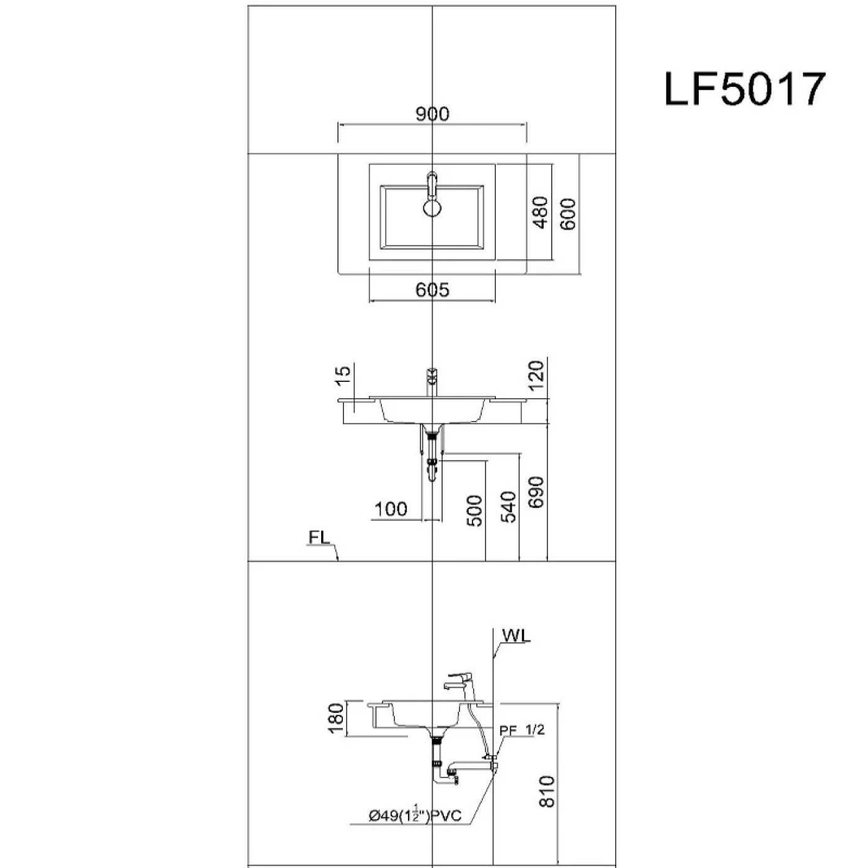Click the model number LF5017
point(745,89)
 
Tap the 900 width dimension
point(432,115)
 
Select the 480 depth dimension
point(541,212)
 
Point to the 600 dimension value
point(569,214)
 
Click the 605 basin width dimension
point(432,290)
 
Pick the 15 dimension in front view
point(343,377)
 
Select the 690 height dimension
point(536,492)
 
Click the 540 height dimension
point(508,507)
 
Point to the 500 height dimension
point(474,511)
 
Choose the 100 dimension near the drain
point(391,509)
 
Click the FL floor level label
point(319,538)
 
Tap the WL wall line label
point(516,635)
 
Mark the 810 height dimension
point(547,791)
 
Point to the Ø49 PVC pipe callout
point(415,815)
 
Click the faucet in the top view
point(432,194)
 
